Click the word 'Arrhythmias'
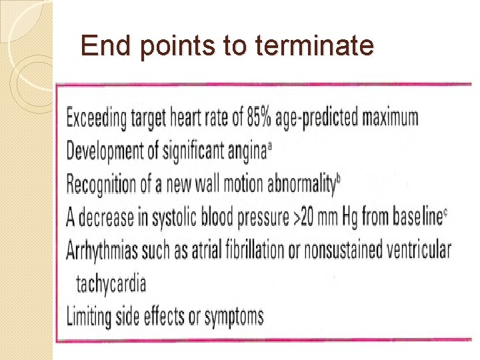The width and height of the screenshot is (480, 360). (103, 250)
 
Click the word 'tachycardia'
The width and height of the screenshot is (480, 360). (111, 283)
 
